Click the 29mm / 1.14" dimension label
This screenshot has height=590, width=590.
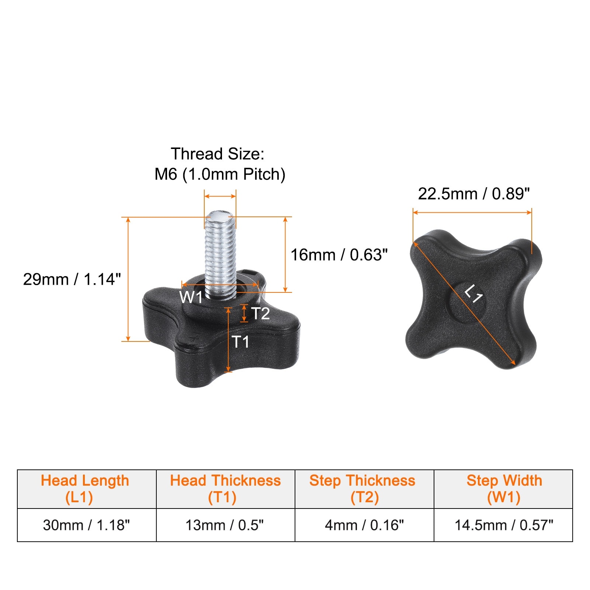(x=72, y=280)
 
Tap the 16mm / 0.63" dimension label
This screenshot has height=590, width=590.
(x=339, y=255)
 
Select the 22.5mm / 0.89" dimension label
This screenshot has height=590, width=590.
(x=474, y=194)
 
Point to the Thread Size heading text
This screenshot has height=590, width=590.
(x=218, y=154)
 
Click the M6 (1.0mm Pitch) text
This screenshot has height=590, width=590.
(x=220, y=174)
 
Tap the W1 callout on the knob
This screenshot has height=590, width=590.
(x=191, y=297)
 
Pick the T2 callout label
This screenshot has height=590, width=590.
(x=260, y=313)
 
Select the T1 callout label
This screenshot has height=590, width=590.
(x=240, y=342)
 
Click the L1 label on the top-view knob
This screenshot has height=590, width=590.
(x=473, y=294)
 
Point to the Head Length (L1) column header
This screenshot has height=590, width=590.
(x=85, y=489)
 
